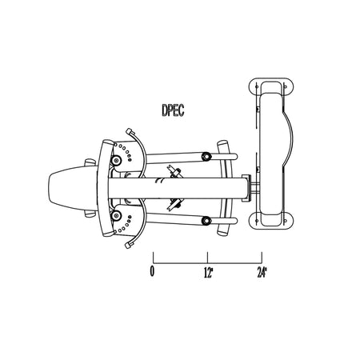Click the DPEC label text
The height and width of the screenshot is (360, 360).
tap(173, 110)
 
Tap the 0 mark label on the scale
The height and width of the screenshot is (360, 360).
tap(152, 271)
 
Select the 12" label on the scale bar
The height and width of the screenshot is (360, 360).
tap(209, 273)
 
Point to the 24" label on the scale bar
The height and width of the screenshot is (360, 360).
tap(262, 273)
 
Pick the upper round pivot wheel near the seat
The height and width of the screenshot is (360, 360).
tap(116, 160)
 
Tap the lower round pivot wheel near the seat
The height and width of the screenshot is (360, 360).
tap(116, 215)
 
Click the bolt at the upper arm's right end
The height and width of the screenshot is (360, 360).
tap(206, 156)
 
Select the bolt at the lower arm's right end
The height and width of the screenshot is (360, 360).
tap(206, 221)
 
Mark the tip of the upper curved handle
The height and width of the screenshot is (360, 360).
tap(129, 130)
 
